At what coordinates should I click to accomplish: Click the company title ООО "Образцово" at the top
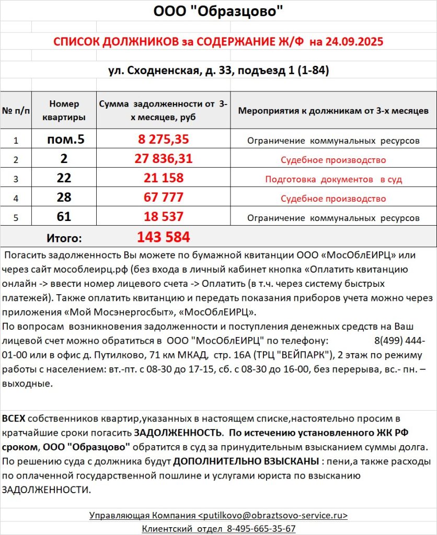pos(218,12)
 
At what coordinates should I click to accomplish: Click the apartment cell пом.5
pos(65,140)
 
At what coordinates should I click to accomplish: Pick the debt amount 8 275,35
pos(163,140)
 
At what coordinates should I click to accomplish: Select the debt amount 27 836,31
pos(163,159)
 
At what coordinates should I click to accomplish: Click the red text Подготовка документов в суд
pos(333,179)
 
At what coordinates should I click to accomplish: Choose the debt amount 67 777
pos(163,198)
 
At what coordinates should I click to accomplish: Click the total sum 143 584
pos(163,237)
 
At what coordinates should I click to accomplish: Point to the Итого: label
pos(64,238)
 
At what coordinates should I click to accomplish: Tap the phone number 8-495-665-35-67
pos(261,528)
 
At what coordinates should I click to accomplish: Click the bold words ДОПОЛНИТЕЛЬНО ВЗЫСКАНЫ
pos(246,462)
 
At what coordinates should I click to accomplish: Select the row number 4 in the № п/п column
pos(16,199)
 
